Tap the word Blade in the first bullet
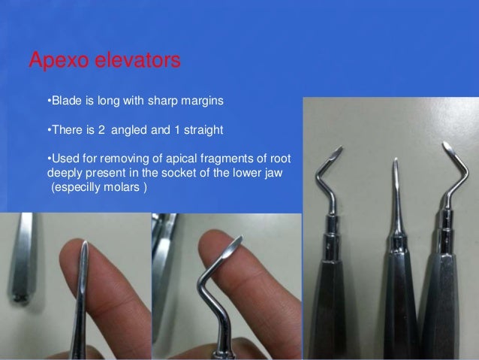(65, 100)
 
